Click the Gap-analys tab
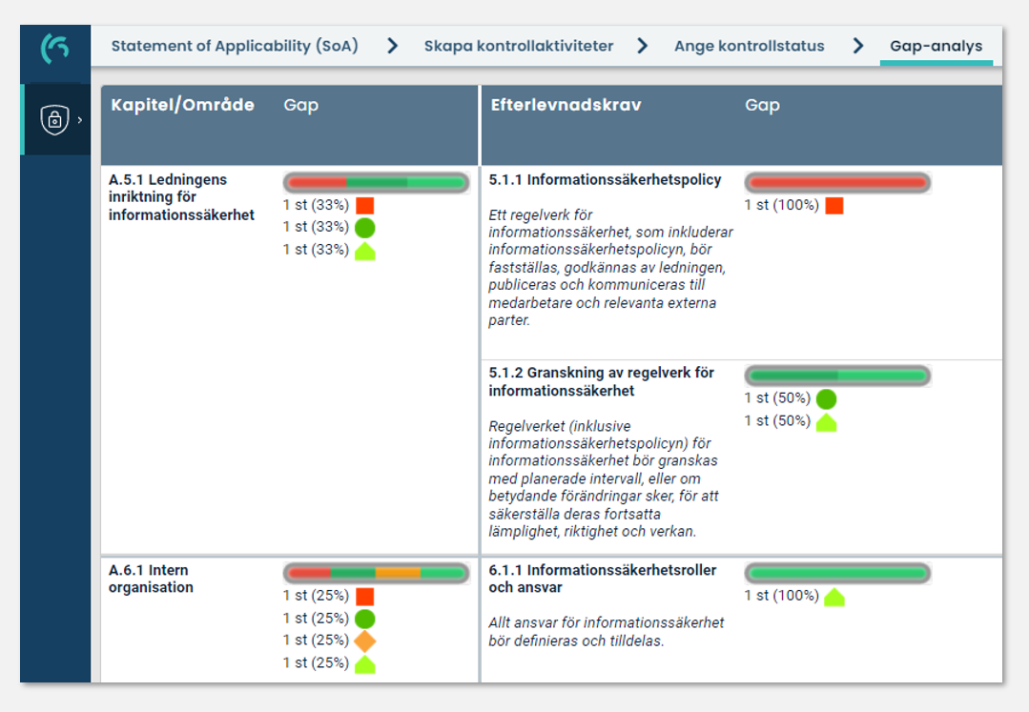pos(936,46)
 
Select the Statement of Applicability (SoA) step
pos(235,46)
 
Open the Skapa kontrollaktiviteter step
pos(518,46)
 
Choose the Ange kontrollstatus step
pos(749,46)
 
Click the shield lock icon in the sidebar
pos(54,119)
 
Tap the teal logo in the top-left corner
pos(54,48)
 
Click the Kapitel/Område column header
pos(182,105)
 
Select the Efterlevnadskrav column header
pos(566,105)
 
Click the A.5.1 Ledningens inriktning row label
pos(181,197)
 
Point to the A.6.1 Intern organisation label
pos(151,579)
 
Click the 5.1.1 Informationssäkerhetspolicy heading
pos(605,179)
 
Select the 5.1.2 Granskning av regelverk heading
pos(601,381)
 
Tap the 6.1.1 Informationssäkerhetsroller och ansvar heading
pos(602,579)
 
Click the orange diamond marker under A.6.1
pos(364,641)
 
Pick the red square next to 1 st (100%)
pos(834,205)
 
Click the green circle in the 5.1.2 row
pos(826,398)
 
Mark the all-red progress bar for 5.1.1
pos(836,182)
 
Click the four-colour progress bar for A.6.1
pos(376,573)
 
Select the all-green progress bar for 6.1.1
pos(836,573)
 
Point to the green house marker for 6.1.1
pos(834,597)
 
